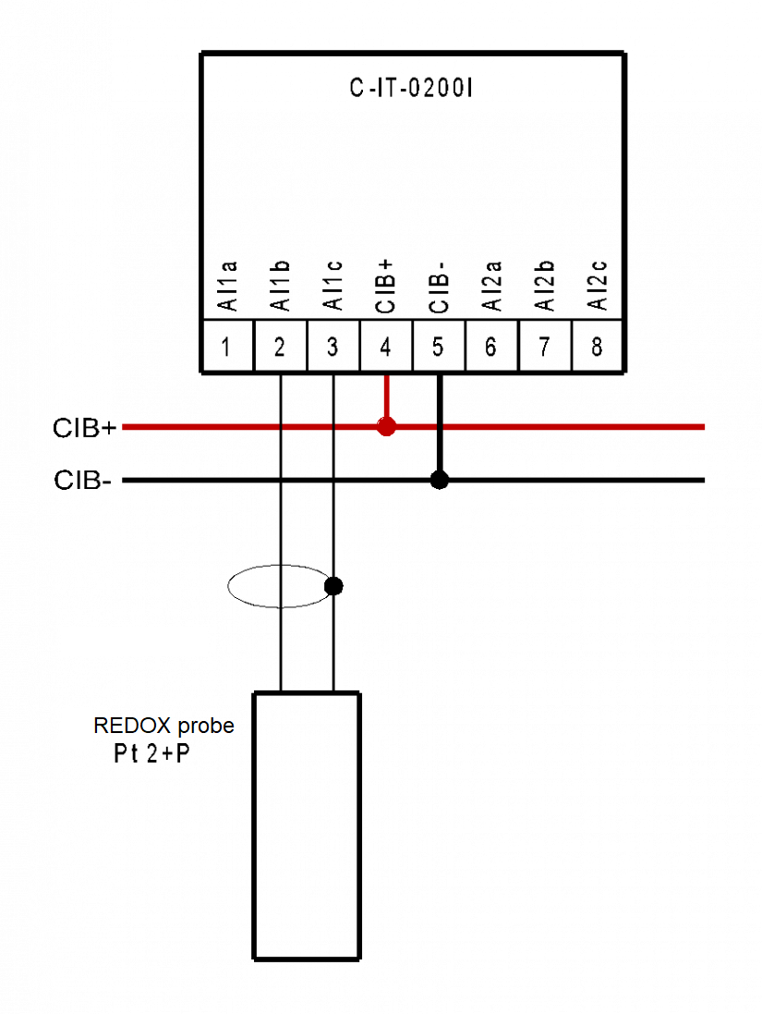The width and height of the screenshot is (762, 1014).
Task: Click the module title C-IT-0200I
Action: pyautogui.click(x=411, y=88)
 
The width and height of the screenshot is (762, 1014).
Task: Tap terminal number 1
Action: pyautogui.click(x=225, y=348)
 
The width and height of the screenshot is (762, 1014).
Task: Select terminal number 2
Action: pyautogui.click(x=279, y=348)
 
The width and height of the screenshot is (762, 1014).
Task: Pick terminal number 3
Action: pyautogui.click(x=333, y=348)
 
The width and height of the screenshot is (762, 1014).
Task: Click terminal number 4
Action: pyautogui.click(x=385, y=348)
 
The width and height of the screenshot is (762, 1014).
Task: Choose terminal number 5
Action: pyautogui.click(x=438, y=348)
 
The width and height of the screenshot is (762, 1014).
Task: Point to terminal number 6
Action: pyautogui.click(x=491, y=348)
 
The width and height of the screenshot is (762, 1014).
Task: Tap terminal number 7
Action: pyautogui.click(x=544, y=348)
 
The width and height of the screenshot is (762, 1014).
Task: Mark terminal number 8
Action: pyautogui.click(x=598, y=348)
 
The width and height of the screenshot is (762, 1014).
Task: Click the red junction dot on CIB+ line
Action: pyautogui.click(x=386, y=427)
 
